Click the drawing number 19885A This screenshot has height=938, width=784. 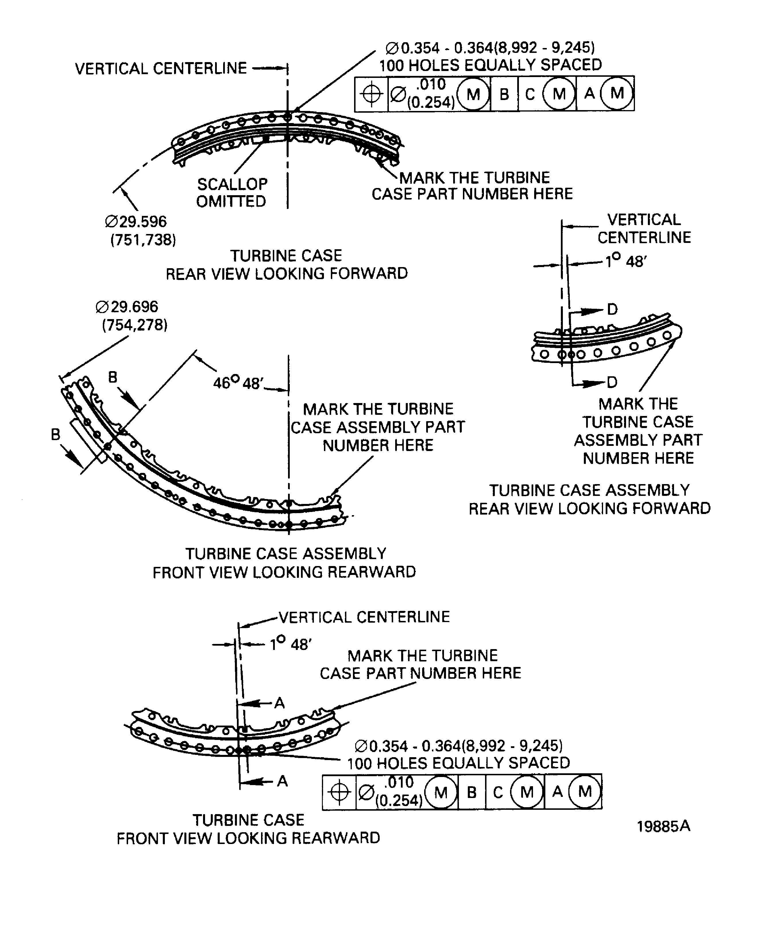tap(663, 826)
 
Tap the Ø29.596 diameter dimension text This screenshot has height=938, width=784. tap(136, 222)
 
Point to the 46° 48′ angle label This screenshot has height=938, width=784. tap(239, 383)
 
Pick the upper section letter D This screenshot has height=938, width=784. tap(612, 309)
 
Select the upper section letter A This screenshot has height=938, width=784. tap(279, 703)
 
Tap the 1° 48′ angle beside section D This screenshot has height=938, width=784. tap(625, 261)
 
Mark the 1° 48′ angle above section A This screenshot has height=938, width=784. tap(291, 644)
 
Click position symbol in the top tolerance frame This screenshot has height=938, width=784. tap(372, 94)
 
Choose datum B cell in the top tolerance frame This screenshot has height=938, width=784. tap(504, 94)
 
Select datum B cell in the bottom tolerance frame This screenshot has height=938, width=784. tap(472, 792)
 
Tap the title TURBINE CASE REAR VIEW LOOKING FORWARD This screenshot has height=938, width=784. tap(287, 264)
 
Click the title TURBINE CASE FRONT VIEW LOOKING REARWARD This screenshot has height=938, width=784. tap(248, 829)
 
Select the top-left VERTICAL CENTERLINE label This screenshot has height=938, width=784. tap(161, 69)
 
